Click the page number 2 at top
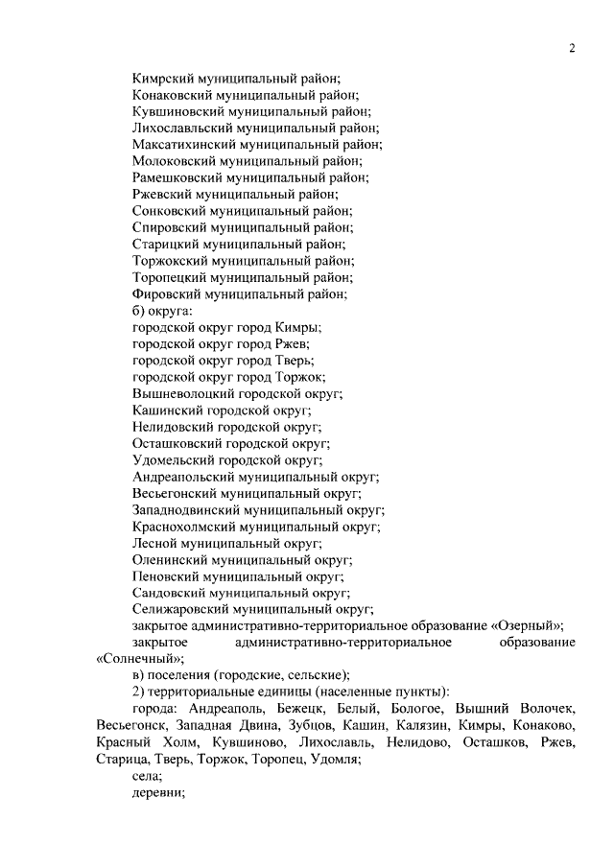pyautogui.click(x=571, y=49)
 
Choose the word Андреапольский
pyautogui.click(x=180, y=476)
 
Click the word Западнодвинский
pyautogui.click(x=185, y=509)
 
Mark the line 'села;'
pyautogui.click(x=148, y=775)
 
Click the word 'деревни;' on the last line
pyautogui.click(x=157, y=792)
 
